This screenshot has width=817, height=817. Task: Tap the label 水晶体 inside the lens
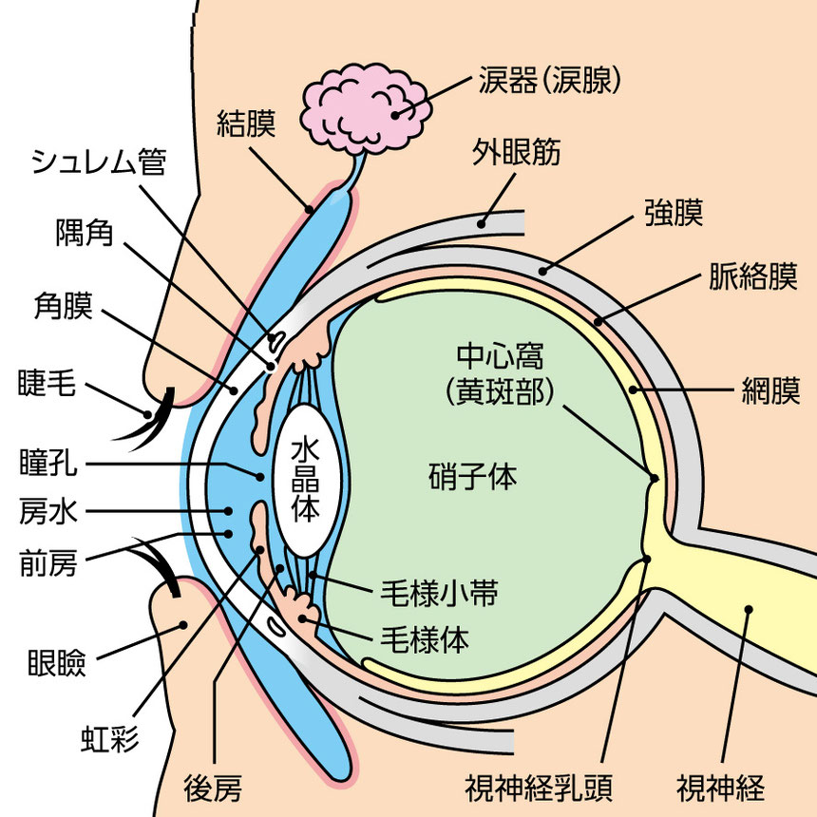305,480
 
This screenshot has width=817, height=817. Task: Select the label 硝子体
472,476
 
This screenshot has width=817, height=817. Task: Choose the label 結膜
246,124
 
